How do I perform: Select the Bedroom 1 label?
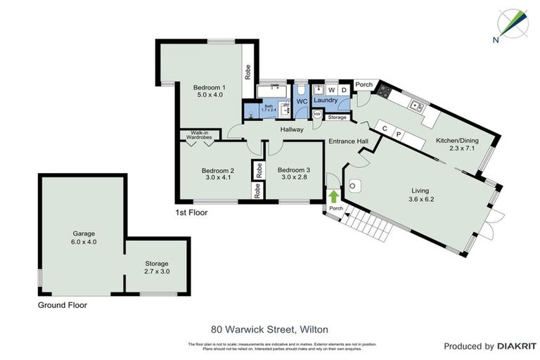point(208,90)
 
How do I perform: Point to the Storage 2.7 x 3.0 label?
point(157,266)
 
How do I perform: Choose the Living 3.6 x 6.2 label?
point(420,195)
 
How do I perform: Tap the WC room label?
point(302,102)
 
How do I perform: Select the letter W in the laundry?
point(330,90)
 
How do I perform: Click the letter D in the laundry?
point(344,90)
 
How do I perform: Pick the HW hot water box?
point(317,114)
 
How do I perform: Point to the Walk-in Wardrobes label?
point(198,134)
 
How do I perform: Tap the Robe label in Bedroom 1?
point(248,72)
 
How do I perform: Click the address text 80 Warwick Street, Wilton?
point(269,328)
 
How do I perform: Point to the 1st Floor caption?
point(191,211)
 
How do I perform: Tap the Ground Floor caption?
point(63,306)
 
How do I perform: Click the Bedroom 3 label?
point(293,174)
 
